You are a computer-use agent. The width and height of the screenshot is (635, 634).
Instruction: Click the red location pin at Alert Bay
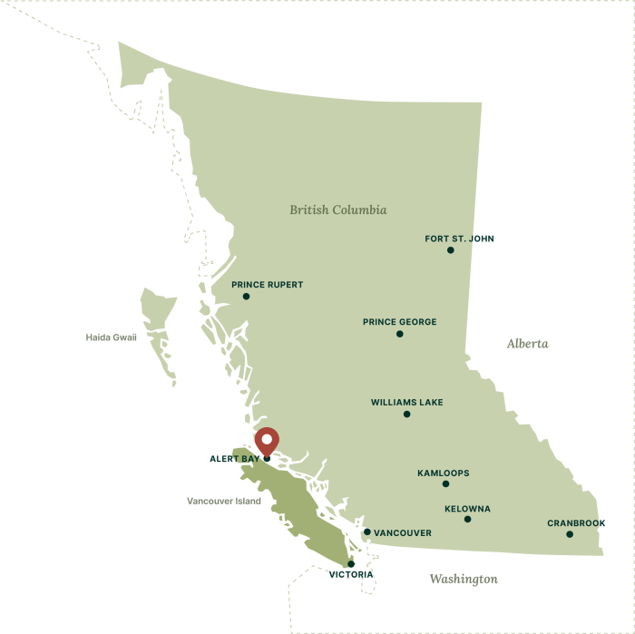pos(266,441)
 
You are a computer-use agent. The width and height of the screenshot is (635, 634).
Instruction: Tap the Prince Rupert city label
pos(267,285)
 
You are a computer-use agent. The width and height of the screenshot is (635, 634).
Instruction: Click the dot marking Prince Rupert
pos(246,297)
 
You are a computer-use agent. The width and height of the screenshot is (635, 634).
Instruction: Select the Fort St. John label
pos(459,239)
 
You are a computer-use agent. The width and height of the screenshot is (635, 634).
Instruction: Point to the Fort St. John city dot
pos(450,250)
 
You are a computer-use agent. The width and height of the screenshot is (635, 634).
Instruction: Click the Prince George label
pos(399,322)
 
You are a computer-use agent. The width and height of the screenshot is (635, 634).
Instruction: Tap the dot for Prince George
pos(399,334)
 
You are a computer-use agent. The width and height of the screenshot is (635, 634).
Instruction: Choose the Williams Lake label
pos(406,403)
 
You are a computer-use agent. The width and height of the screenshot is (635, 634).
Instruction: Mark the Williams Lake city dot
pos(406,415)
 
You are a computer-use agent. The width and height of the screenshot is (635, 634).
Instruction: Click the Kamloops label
pos(443,473)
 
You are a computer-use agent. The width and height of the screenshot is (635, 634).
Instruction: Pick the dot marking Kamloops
pos(445,484)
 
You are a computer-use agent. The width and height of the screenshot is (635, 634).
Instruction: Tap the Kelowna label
pos(467,509)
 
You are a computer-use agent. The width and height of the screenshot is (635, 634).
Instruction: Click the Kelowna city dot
pos(467,520)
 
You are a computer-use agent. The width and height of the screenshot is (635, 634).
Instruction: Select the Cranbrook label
pos(576,523)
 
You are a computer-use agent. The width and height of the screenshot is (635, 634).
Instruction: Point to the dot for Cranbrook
pos(570,534)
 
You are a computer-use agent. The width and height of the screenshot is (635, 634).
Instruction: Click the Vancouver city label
pos(402,533)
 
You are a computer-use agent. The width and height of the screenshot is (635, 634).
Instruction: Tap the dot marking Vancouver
pos(366,532)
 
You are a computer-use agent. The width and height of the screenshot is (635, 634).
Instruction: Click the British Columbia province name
pos(337,210)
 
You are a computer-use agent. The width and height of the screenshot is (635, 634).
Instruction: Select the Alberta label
pos(527,344)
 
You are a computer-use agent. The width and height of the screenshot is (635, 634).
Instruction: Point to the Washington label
pos(464,579)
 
